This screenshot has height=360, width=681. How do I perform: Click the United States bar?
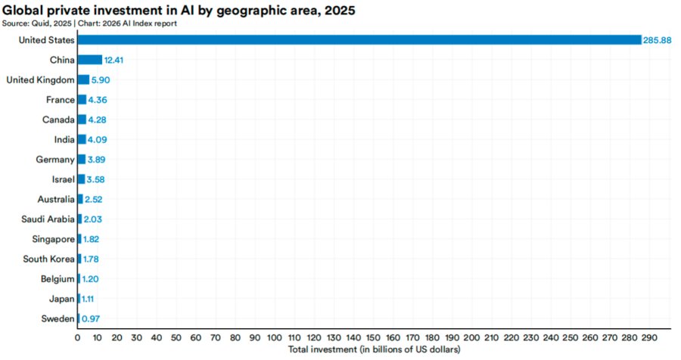point(359,40)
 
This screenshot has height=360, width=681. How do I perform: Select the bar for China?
point(90,60)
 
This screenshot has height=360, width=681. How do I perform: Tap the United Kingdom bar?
point(83,80)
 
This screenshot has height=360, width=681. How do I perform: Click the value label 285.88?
point(657,40)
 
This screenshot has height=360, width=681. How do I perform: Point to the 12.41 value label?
point(113,61)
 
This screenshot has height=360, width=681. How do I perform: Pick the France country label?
point(61,100)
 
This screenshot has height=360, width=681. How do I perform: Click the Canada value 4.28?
point(98,119)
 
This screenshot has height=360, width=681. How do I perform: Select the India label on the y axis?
point(64,140)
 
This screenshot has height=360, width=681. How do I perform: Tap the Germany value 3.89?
point(96,160)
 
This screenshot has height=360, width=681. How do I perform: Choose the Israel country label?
point(64,179)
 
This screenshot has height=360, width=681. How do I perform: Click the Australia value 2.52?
point(94,200)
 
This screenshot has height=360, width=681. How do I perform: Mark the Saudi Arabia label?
point(48,219)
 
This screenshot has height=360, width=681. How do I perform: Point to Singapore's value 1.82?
point(92,239)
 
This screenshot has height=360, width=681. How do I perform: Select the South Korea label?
point(48,259)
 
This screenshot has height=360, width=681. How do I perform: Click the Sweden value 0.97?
point(91,319)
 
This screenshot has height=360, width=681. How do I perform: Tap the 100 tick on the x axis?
point(275,338)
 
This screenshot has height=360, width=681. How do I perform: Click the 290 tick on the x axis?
point(650,338)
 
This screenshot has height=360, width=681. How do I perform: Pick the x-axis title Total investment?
point(375,349)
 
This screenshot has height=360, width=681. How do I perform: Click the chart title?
point(179,10)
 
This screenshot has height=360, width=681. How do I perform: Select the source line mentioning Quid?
point(89,23)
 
